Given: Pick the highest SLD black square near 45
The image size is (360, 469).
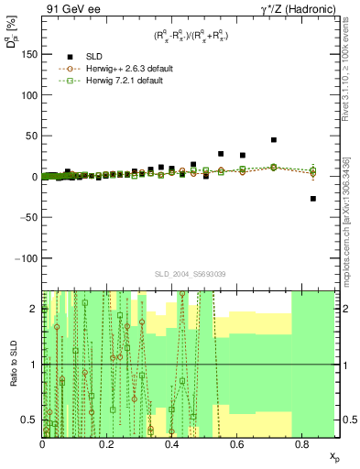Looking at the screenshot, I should [x=274, y=140].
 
